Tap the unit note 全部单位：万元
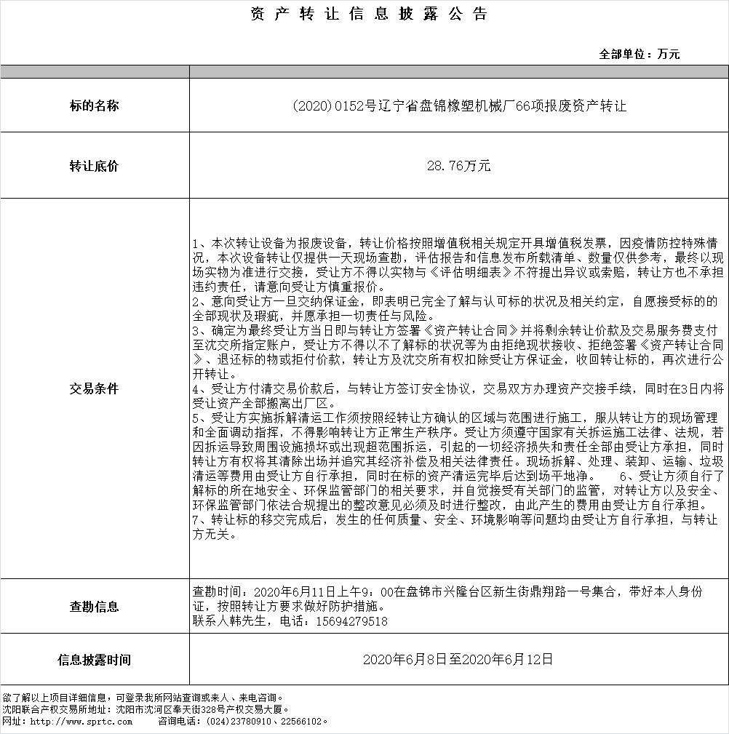tap(640, 54)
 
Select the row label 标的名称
tap(94, 106)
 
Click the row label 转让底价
tap(94, 167)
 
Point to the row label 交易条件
tap(94, 388)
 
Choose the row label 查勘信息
tap(94, 607)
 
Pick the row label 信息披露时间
tap(94, 661)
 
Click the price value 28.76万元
tap(459, 167)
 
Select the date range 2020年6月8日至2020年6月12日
tap(458, 660)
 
